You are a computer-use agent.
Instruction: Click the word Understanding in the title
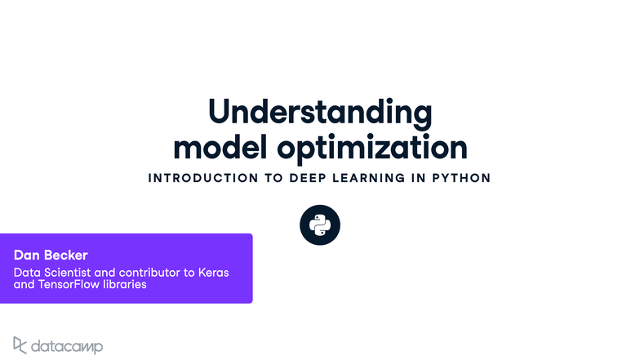click(x=319, y=113)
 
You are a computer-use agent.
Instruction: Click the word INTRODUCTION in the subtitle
click(x=202, y=178)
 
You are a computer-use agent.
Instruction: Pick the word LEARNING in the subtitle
click(x=373, y=178)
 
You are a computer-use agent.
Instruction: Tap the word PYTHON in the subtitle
click(x=460, y=178)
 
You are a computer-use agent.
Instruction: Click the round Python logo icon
click(x=320, y=225)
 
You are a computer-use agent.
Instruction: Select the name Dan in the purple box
click(x=26, y=256)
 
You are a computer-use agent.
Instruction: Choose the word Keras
click(x=213, y=272)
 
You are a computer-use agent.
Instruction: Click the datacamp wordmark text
click(x=67, y=346)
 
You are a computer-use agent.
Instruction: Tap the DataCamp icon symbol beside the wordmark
click(x=20, y=344)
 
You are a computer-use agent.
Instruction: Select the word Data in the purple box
click(x=27, y=272)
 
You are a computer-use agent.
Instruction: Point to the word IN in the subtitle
click(x=418, y=178)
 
